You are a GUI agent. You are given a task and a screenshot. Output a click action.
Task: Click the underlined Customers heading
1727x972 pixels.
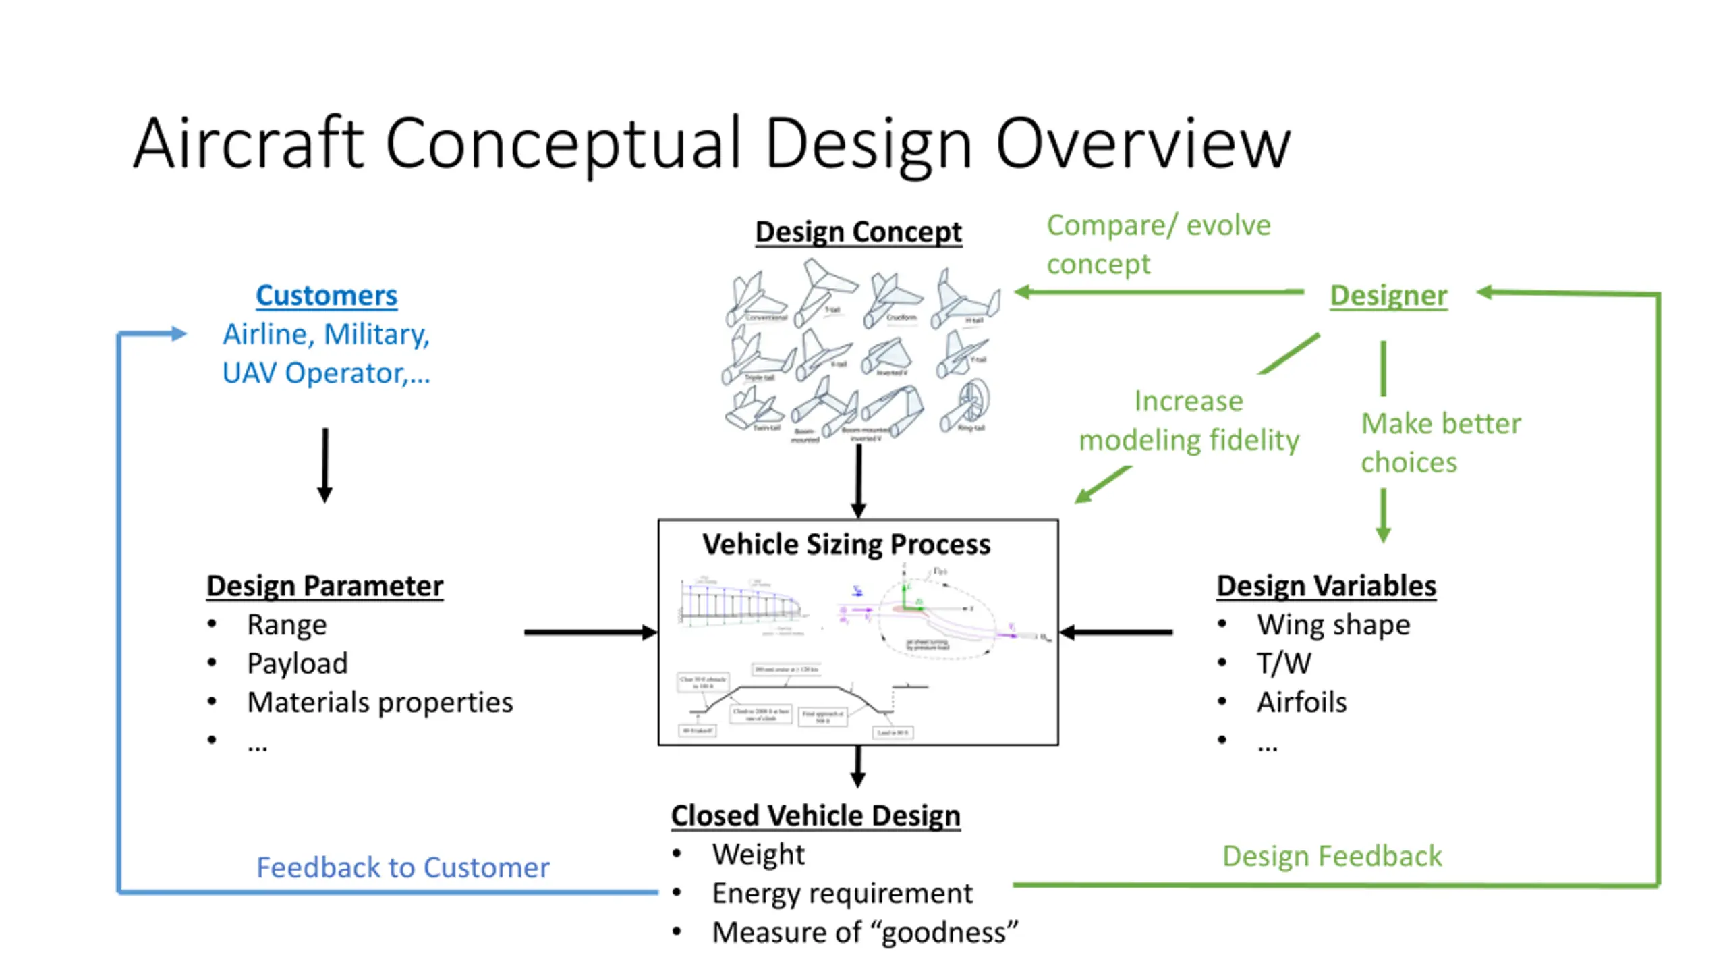(327, 296)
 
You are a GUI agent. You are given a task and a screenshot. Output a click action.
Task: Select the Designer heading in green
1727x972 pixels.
(1388, 296)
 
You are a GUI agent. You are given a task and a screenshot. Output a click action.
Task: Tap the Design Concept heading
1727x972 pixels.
(858, 232)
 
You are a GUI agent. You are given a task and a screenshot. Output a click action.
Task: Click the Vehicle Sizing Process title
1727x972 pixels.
(846, 545)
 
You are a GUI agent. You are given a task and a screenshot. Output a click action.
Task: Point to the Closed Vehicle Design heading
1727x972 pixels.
(816, 815)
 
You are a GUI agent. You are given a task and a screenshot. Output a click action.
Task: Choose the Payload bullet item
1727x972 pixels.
(298, 664)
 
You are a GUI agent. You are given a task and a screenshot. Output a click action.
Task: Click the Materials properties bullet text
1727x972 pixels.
(380, 703)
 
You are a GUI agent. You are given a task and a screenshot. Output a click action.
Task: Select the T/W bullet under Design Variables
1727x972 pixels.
(1284, 664)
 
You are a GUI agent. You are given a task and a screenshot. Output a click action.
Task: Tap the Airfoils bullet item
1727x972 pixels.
(1301, 703)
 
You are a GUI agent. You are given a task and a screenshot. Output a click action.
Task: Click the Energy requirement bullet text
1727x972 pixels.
(842, 894)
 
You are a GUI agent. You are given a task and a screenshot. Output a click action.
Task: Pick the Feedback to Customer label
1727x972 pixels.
(403, 868)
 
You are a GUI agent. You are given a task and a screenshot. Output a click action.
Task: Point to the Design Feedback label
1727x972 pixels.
(1332, 857)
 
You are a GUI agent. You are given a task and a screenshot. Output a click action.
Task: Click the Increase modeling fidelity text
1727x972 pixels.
(1189, 421)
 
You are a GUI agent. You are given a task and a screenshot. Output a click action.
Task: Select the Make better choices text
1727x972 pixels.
(1440, 443)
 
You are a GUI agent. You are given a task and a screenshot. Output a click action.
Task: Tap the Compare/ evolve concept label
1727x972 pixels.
(1158, 244)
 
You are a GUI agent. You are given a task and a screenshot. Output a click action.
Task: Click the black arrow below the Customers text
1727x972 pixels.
(324, 466)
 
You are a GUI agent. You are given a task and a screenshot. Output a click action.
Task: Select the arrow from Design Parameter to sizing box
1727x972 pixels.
(590, 632)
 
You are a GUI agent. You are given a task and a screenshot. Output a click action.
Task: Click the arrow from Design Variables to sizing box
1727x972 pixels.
(1116, 632)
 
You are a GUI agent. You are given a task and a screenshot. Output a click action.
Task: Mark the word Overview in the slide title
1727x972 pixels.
(1143, 144)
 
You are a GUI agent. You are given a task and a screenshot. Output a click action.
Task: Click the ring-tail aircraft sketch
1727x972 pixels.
(968, 408)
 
